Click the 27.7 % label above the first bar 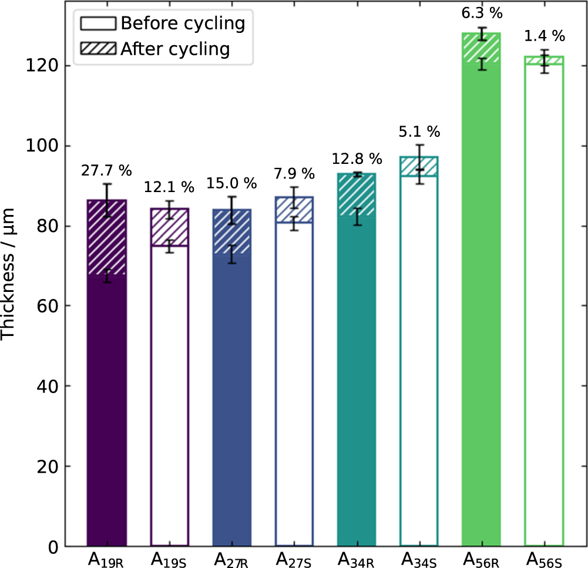click(106, 171)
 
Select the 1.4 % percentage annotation click(545, 36)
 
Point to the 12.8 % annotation click(357, 159)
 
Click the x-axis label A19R click(106, 557)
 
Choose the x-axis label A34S click(419, 557)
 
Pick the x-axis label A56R click(482, 557)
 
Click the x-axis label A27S click(294, 557)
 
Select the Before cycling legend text click(182, 23)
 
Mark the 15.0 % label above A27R click(231, 183)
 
